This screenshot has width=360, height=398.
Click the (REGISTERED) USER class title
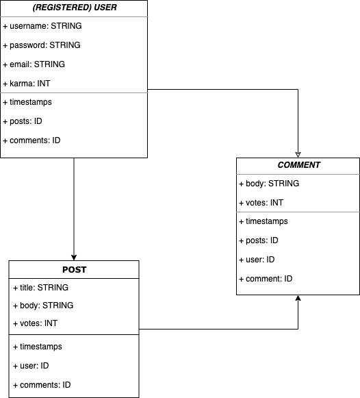tap(75, 8)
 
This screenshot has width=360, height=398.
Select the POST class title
tap(75, 270)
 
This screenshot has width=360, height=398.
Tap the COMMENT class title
tap(298, 165)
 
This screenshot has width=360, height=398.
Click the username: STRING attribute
tap(42, 26)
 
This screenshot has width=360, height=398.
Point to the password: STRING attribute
tap(42, 45)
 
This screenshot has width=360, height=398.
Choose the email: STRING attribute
tap(34, 64)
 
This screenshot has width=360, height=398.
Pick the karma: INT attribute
tap(27, 84)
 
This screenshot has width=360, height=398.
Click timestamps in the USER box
tap(27, 102)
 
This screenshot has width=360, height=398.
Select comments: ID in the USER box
tap(31, 140)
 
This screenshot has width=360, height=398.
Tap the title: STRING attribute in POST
tap(41, 288)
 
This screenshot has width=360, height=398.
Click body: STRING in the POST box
tap(43, 306)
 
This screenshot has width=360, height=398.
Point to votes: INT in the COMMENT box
tap(261, 203)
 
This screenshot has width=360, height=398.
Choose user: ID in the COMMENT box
tap(257, 260)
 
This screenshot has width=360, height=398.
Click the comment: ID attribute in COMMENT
tap(266, 279)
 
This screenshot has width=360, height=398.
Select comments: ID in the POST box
tap(42, 385)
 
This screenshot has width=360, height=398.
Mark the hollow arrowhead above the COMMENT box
tap(298, 155)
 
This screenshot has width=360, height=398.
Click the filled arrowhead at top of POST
tap(74, 258)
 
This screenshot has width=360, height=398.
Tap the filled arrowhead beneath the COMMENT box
tap(298, 298)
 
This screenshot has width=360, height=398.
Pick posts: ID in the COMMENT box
tap(259, 240)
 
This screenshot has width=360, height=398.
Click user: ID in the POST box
tap(31, 366)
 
